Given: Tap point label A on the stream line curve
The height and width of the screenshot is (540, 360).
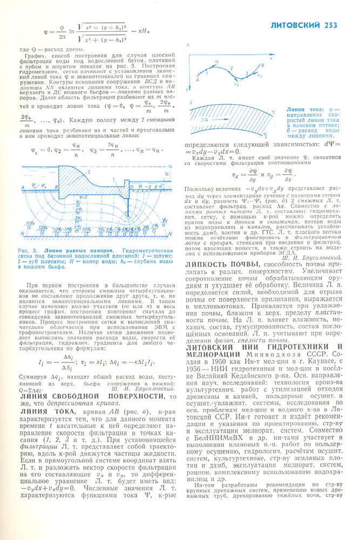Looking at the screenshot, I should (x=199, y=79).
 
